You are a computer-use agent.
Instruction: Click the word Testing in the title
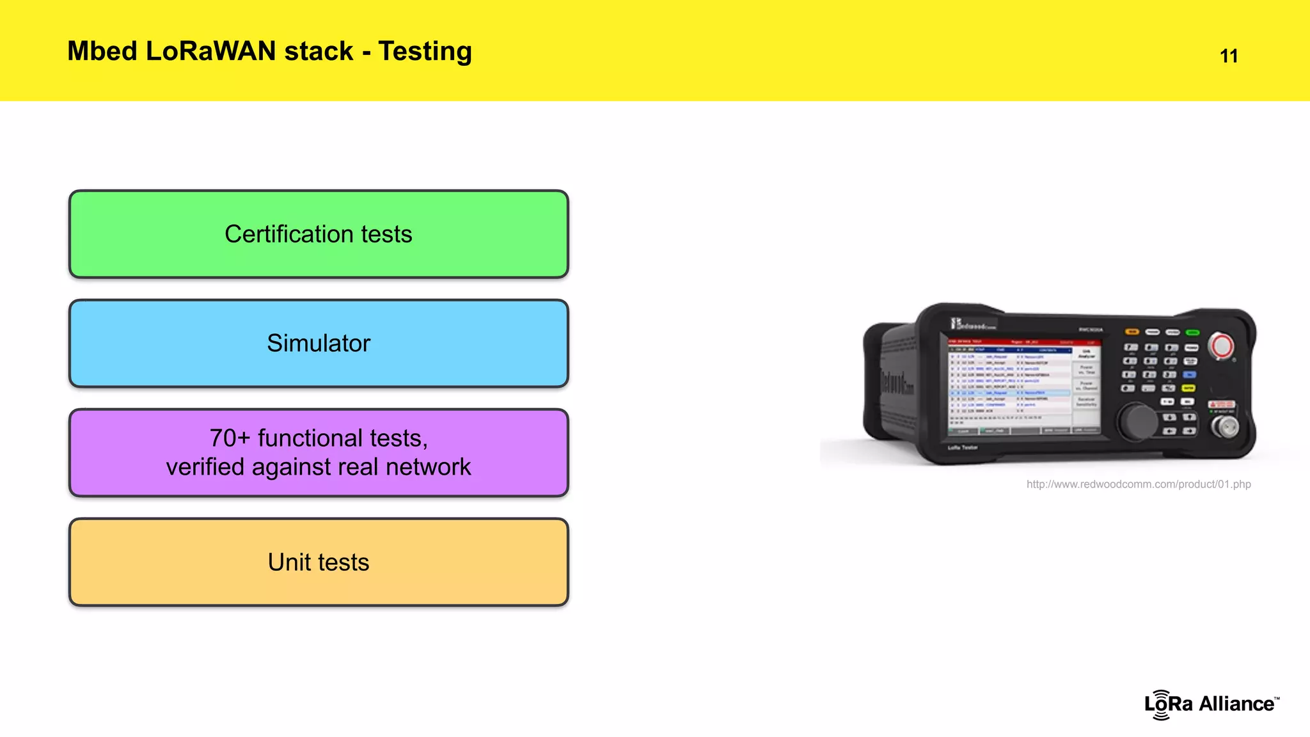[x=425, y=51]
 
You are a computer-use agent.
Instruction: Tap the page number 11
[x=1228, y=56]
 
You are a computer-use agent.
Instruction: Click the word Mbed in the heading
[x=102, y=51]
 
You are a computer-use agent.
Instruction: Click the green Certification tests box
[x=319, y=234]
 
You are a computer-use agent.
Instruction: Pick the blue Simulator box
[x=319, y=344]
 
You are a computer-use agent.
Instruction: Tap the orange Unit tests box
[x=319, y=562]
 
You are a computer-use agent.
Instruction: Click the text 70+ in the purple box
[x=230, y=438]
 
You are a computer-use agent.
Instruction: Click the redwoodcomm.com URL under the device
[x=1138, y=484]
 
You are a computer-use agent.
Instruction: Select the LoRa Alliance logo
[x=1211, y=704]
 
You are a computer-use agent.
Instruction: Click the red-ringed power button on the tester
[x=1220, y=346]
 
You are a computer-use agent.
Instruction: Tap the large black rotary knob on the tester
[x=1137, y=421]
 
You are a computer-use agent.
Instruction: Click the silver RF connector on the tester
[x=1224, y=427]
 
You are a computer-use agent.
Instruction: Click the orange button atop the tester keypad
[x=1132, y=332]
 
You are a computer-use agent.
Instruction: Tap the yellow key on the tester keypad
[x=1188, y=388]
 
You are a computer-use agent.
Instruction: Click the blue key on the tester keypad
[x=1189, y=375]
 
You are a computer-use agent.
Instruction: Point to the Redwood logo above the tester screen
[x=972, y=324]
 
